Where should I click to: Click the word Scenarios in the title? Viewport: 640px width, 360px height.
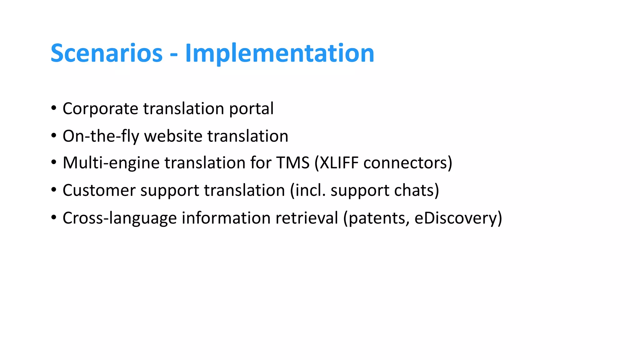[107, 53]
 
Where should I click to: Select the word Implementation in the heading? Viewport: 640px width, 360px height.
[280, 53]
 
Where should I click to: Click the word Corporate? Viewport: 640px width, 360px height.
[100, 109]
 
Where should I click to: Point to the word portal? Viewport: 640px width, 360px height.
[251, 109]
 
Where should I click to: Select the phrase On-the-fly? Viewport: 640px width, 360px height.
[101, 136]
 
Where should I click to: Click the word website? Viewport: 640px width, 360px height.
[173, 136]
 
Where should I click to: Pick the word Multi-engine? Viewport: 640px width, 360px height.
[111, 163]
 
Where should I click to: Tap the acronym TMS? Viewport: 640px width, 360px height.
[292, 163]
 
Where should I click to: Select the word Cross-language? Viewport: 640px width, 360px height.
[120, 218]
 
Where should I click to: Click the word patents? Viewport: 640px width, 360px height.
[378, 218]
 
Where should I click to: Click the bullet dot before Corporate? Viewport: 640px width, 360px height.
[54, 108]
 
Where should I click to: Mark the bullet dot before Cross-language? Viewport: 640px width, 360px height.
[54, 217]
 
